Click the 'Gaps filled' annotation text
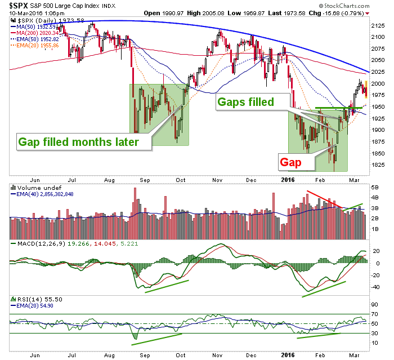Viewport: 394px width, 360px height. [245, 102]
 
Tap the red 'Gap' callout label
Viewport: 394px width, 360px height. [290, 162]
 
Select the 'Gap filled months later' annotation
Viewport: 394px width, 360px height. [78, 142]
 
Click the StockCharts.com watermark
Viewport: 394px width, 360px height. [344, 6]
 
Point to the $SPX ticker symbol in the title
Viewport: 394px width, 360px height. [19, 6]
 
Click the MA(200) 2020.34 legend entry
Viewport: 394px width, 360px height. [35, 33]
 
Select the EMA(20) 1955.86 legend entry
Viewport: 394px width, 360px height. [35, 46]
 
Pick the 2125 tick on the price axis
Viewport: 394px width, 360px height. [378, 26]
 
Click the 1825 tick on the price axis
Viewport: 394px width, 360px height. [378, 165]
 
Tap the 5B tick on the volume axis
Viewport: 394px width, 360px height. [375, 188]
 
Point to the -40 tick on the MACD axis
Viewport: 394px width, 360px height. [375, 287]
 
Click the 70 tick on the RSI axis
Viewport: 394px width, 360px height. [374, 314]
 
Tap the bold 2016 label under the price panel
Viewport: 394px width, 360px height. [288, 180]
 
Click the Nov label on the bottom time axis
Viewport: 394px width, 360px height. [217, 355]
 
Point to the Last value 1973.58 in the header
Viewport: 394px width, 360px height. [288, 13]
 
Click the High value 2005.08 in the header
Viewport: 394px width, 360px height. [205, 13]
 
